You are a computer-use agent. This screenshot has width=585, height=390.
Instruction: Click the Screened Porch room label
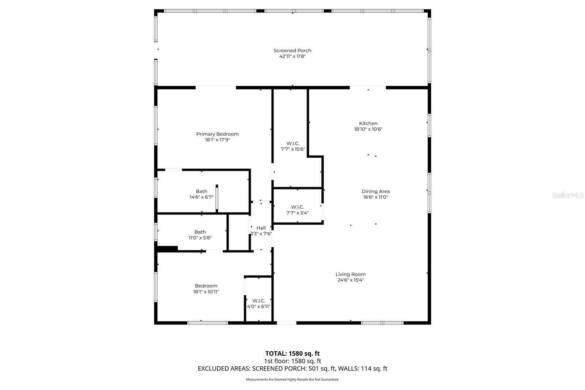[x=292, y=50]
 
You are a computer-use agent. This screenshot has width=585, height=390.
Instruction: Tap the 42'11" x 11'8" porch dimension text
[x=292, y=56]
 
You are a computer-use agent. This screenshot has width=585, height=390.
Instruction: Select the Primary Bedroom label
[x=218, y=134]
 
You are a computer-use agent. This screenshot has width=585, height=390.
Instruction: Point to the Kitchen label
[x=368, y=123]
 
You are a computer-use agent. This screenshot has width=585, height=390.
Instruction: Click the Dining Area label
[x=375, y=191]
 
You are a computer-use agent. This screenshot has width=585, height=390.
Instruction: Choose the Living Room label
[x=351, y=274]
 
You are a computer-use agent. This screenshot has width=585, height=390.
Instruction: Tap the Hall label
[x=261, y=228]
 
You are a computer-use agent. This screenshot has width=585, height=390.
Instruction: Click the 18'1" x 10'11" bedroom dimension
[x=206, y=292]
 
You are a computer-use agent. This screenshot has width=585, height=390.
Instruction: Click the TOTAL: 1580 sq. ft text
[x=292, y=353]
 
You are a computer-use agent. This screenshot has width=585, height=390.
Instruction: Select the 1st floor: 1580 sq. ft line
[x=292, y=361]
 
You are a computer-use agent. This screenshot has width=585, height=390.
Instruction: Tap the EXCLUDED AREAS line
[x=292, y=368]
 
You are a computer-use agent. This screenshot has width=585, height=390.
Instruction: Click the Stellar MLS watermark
[x=567, y=195]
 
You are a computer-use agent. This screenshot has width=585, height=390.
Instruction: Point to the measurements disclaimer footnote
[x=292, y=379]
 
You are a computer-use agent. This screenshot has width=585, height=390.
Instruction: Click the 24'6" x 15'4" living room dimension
[x=351, y=280]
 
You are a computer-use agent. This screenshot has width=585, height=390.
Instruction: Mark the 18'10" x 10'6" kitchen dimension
[x=368, y=129]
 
